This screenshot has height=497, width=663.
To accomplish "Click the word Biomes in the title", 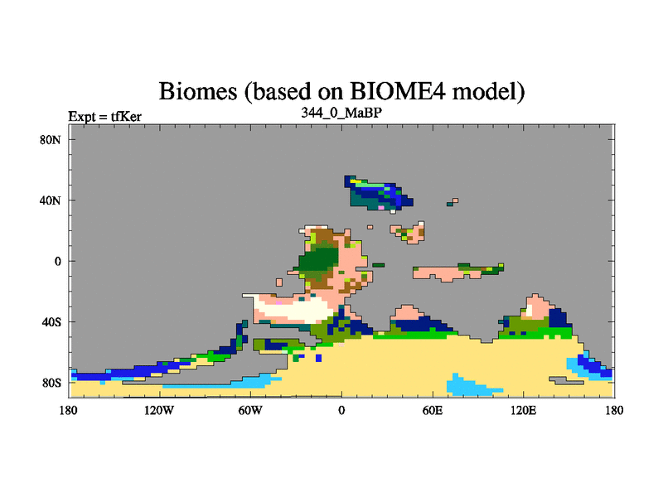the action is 197,91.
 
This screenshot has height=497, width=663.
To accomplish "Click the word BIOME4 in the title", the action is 398,90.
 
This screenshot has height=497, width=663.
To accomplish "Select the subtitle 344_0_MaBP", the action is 341,113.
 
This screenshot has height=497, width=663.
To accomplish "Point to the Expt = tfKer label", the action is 105,117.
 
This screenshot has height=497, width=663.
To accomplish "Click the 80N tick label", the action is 51,140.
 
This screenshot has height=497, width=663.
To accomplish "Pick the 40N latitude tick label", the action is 51,200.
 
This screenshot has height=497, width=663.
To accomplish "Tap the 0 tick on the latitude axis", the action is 58,261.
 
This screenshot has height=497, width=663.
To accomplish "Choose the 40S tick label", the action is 51,322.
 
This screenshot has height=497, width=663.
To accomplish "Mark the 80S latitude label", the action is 51,383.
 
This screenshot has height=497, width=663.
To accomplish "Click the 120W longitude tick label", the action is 159,410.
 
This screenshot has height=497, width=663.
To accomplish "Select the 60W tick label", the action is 250,410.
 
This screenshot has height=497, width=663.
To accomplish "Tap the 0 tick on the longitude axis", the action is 341,410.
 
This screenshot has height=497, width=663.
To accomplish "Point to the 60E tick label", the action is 433,410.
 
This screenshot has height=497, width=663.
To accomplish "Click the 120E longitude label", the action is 524,410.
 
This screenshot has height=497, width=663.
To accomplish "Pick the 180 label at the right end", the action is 614,410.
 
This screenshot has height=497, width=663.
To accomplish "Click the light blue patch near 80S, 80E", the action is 469,386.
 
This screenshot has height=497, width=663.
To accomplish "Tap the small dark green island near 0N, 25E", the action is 379,265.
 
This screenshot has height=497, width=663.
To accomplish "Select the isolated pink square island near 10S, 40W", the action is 279,282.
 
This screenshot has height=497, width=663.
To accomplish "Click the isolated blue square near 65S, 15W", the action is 318,358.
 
